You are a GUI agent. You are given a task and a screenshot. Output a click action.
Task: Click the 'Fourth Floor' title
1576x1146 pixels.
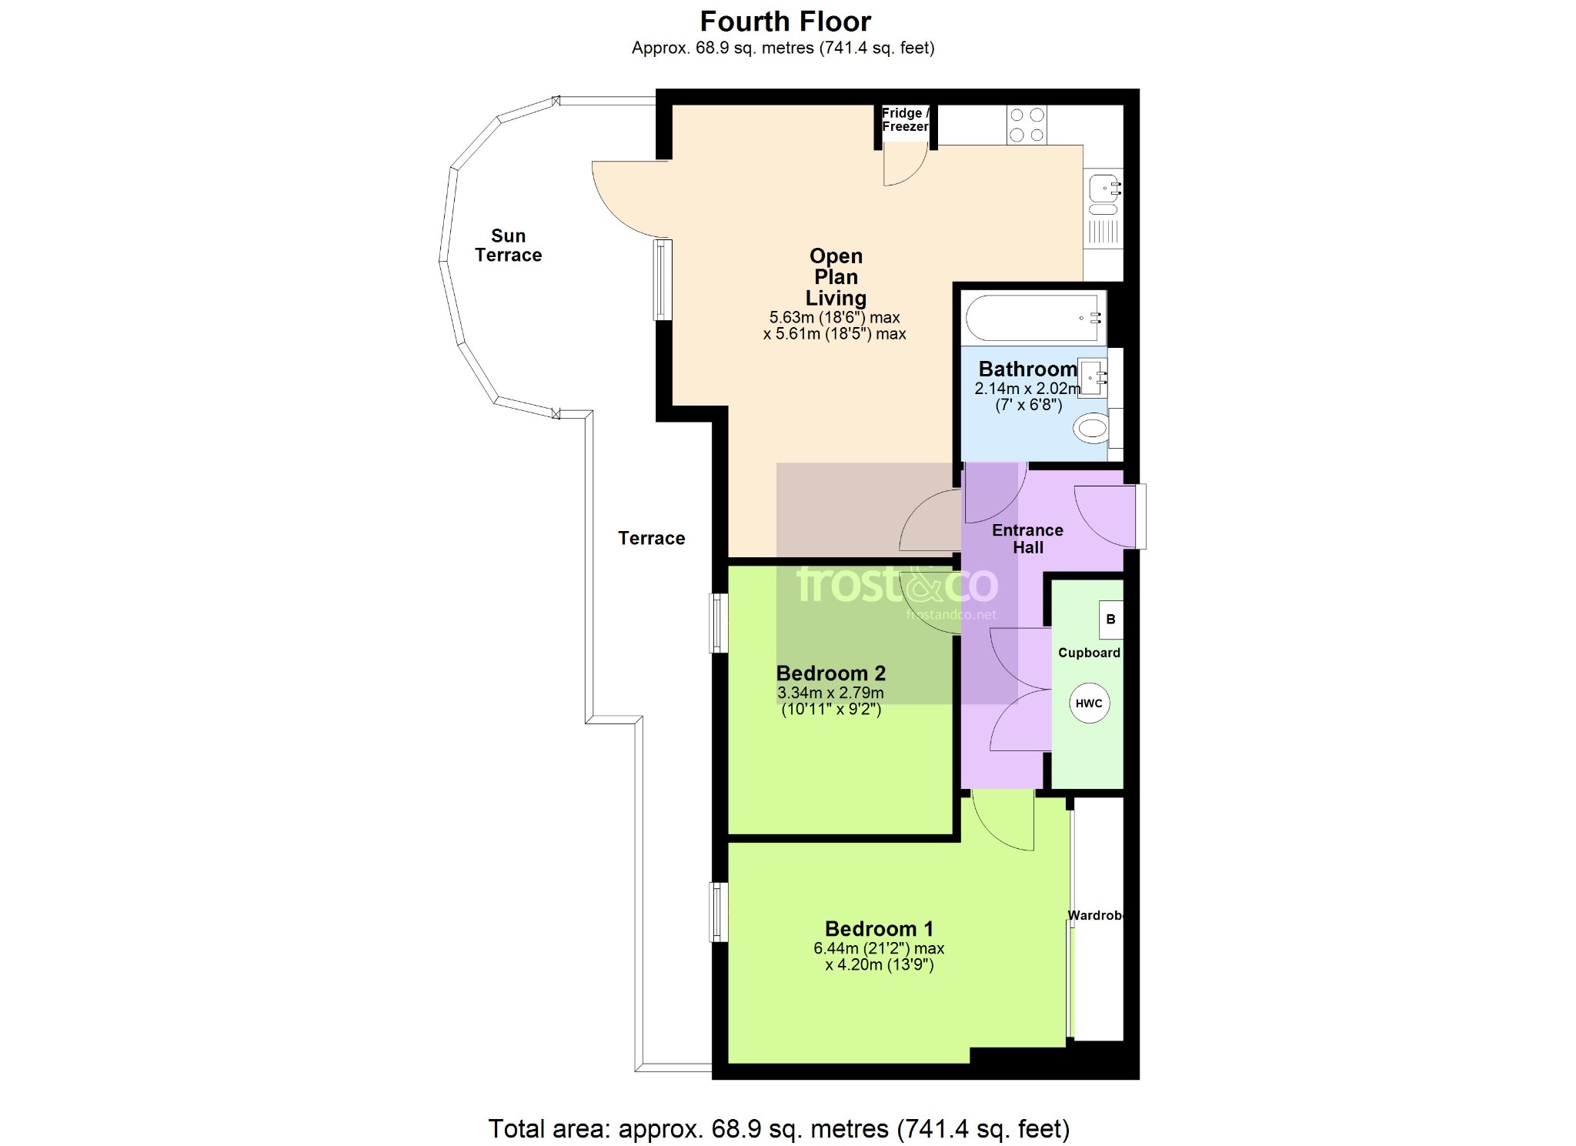pos(785,21)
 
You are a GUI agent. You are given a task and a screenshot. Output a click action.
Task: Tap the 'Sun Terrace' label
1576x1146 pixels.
pos(508,246)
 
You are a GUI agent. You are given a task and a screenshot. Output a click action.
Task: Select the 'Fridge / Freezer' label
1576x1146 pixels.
pos(906,120)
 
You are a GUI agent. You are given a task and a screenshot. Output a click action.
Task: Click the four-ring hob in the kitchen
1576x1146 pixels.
pos(1027,125)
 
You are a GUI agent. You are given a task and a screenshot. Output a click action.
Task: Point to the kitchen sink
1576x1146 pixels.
pos(1104,194)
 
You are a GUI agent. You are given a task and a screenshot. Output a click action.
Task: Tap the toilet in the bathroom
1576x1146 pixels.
pos(1093,428)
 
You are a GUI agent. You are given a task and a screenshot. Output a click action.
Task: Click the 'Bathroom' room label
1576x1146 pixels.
pos(1027,369)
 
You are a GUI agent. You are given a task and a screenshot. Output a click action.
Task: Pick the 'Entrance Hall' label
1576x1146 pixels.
pos(1027,539)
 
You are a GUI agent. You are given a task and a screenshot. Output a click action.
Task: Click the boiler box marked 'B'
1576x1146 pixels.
pos(1110,620)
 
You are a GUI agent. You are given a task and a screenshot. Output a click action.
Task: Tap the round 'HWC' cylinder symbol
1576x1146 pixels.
pos(1089,703)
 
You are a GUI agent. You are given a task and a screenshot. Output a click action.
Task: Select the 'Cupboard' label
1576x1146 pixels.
pos(1089,653)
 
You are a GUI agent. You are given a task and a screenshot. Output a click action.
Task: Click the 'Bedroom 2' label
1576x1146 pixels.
pos(831,673)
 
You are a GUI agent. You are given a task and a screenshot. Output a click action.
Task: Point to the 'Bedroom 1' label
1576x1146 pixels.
pos(879,929)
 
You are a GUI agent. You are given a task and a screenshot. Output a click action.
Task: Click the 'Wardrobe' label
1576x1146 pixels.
pos(1096,915)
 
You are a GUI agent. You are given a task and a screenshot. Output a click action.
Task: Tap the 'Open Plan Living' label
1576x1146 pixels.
pos(836,277)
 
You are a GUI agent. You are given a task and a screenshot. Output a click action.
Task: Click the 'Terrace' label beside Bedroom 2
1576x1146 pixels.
pos(651,538)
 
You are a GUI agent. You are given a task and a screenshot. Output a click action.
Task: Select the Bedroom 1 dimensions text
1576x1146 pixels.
pos(879,957)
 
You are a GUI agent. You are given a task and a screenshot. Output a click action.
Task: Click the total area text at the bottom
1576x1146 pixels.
pos(779,1128)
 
